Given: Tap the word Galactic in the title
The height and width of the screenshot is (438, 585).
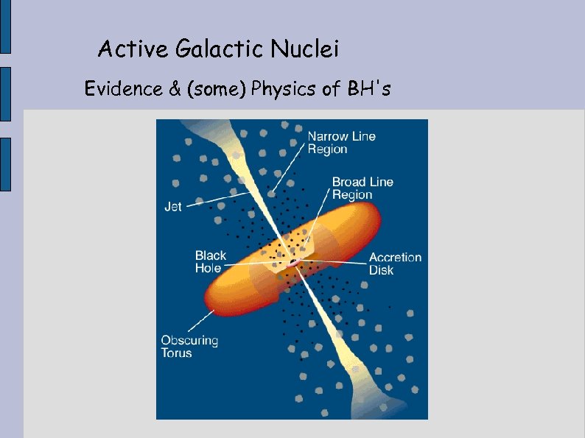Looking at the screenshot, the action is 220,50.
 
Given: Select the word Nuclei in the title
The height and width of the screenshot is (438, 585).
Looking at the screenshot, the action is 305,50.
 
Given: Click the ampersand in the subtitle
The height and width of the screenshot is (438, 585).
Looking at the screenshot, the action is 175,89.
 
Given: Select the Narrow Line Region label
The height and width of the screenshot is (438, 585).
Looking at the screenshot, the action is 341,143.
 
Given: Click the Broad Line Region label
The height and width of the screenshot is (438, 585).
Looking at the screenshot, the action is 362,188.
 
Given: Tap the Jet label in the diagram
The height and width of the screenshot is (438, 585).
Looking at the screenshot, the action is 172,207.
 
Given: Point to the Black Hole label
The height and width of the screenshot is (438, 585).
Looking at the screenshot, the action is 211,262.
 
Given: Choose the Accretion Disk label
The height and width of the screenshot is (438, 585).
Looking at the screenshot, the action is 395,264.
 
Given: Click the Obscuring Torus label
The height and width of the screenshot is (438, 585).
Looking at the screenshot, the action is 189,347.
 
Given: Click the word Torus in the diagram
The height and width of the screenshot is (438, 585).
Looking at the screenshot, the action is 177,353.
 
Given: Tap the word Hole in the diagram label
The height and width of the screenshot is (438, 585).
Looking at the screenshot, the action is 208,269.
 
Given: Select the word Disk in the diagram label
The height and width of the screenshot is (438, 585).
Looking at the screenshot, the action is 382,270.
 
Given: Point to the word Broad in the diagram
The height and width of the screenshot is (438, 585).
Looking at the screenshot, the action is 348,182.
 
